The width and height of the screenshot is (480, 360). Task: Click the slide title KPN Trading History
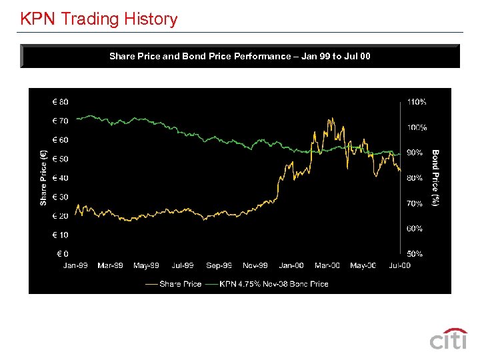(99, 19)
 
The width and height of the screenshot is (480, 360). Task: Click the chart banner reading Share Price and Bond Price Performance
(240, 56)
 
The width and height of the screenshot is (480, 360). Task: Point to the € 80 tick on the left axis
(60, 102)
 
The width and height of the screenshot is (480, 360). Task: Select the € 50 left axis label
(60, 159)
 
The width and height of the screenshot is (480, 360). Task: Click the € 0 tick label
(63, 254)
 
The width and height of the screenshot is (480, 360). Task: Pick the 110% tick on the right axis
(417, 102)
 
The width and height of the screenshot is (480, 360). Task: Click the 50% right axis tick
(415, 254)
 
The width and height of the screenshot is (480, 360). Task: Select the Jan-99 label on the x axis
(75, 265)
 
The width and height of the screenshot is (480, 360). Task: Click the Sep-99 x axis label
(219, 265)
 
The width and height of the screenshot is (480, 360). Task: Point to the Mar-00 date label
(327, 265)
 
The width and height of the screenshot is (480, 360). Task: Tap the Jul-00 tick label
(399, 265)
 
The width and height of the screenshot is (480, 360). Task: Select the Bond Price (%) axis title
(435, 177)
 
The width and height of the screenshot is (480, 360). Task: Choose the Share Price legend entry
(173, 284)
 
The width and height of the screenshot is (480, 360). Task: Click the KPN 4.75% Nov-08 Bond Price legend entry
(267, 284)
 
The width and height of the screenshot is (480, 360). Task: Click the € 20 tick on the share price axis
(60, 216)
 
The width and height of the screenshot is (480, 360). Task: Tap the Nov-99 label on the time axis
(255, 265)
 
